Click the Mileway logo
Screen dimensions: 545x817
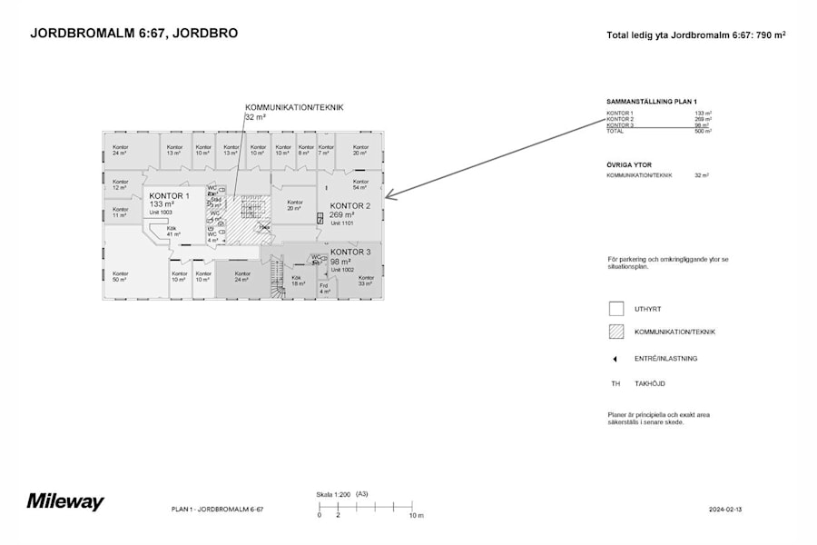(x=65, y=501)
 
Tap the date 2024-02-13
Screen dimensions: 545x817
(x=727, y=510)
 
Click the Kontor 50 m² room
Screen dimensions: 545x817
(x=120, y=276)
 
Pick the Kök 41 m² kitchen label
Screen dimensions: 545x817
(x=172, y=232)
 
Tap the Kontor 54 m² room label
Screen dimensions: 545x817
(x=360, y=184)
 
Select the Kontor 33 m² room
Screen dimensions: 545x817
(x=366, y=281)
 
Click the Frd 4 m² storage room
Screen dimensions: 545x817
(x=323, y=288)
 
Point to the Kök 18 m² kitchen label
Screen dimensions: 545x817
(x=296, y=281)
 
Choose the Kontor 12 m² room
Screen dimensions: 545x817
(x=120, y=184)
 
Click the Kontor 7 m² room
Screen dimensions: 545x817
(x=323, y=149)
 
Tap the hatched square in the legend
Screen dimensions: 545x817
(x=616, y=332)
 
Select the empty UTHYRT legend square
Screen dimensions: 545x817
(x=616, y=309)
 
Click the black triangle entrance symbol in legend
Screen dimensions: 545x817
(x=615, y=359)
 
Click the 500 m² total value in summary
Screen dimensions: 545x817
(x=702, y=131)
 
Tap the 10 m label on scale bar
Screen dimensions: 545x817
(x=416, y=515)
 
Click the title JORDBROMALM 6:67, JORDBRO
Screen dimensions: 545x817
(x=134, y=33)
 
